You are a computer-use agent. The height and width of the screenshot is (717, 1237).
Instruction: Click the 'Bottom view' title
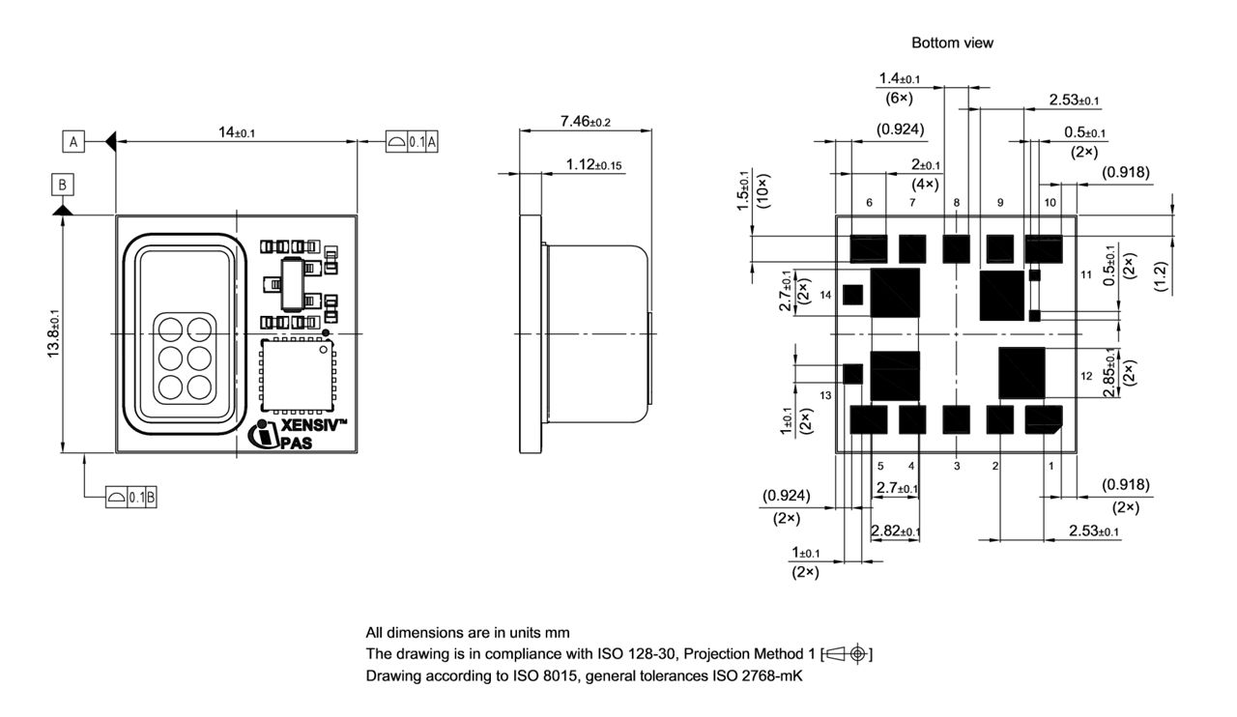(x=952, y=43)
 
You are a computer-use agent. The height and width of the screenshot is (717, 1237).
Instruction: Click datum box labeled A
(x=72, y=142)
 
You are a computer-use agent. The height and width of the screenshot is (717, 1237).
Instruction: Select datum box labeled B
(x=62, y=184)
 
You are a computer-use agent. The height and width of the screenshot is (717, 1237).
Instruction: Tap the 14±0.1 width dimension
(x=237, y=132)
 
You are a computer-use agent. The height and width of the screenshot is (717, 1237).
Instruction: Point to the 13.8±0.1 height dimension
(x=54, y=332)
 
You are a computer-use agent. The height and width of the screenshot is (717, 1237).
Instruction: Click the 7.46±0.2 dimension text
(x=586, y=122)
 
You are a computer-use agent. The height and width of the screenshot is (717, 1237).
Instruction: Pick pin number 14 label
(x=825, y=294)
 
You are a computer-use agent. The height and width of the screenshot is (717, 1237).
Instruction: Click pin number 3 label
(x=957, y=466)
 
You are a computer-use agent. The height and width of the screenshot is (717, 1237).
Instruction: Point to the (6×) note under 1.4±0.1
(x=899, y=98)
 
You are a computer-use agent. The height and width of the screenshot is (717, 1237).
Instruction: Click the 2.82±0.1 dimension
(x=895, y=531)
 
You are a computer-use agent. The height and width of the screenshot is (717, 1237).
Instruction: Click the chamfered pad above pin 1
(x=1044, y=419)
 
